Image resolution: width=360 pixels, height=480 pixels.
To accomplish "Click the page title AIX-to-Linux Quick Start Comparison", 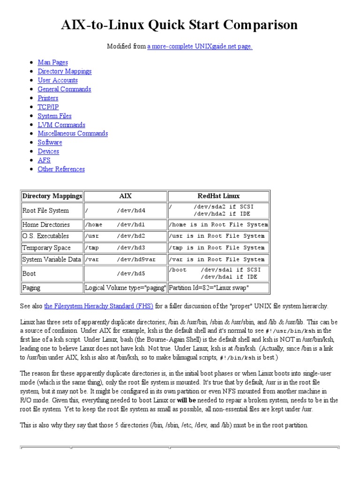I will pyautogui.click(x=180, y=25).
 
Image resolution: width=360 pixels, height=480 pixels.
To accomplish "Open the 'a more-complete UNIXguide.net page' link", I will pyautogui.click(x=200, y=46).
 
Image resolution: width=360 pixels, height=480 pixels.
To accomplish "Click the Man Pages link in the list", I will pyautogui.click(x=52, y=62).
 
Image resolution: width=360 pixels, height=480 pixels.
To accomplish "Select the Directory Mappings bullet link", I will pyautogui.click(x=65, y=71).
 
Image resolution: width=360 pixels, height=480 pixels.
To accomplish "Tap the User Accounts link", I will pyautogui.click(x=58, y=80).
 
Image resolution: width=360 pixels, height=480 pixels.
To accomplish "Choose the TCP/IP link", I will pyautogui.click(x=48, y=107).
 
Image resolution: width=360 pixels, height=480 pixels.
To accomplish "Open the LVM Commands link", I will pyautogui.click(x=61, y=125).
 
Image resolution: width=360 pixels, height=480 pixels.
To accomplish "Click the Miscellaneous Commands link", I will pyautogui.click(x=73, y=134).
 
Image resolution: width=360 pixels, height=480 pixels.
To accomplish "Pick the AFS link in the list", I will pyautogui.click(x=44, y=160).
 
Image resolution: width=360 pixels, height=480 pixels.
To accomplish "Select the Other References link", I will pyautogui.click(x=61, y=169).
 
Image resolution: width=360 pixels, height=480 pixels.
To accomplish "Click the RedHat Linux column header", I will pyautogui.click(x=218, y=196).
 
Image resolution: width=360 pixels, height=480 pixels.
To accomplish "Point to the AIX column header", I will pyautogui.click(x=125, y=196).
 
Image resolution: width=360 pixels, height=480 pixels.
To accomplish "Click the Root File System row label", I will pyautogui.click(x=45, y=210).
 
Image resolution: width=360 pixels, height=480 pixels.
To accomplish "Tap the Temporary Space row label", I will pyautogui.click(x=46, y=247).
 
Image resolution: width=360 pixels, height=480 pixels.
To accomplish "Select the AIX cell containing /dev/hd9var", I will pyautogui.click(x=125, y=259).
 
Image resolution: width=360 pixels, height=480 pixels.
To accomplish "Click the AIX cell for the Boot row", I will pyautogui.click(x=125, y=273).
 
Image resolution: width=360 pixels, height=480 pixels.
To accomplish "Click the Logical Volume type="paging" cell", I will pyautogui.click(x=125, y=288).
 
